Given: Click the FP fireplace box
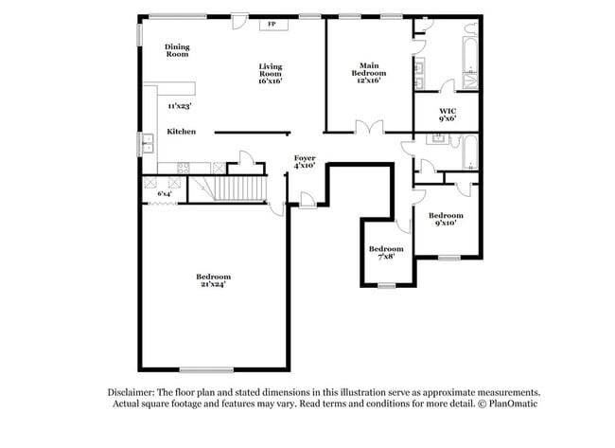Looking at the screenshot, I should click(272, 23).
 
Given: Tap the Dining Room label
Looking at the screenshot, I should click(177, 51).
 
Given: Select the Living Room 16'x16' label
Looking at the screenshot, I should click(272, 73).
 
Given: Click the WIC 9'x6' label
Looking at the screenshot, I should click(447, 115).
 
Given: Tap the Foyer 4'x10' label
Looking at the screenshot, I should click(304, 162).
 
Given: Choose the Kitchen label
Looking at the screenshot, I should click(182, 132).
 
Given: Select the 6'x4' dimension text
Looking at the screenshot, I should click(165, 193).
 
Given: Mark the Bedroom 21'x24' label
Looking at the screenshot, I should click(213, 280).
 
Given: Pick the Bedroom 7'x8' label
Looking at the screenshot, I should click(386, 252).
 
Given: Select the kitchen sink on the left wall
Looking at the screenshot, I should click(149, 145).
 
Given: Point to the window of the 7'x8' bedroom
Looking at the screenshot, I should click(386, 285).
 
